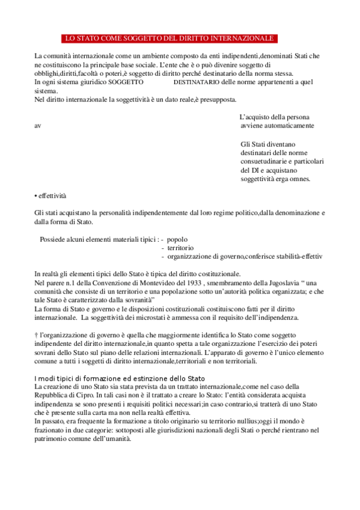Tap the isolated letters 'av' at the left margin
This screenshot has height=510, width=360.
[38, 126]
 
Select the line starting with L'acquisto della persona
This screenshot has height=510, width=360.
[275, 117]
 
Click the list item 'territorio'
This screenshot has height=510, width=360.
[180, 247]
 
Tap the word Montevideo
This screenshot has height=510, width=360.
[141, 283]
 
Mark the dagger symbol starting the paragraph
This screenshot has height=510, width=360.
[37, 334]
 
